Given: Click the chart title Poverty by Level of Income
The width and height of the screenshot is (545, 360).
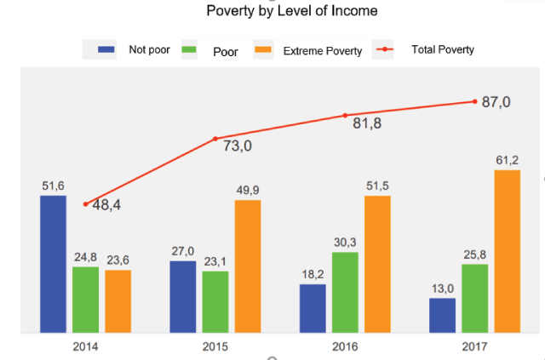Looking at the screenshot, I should tap(292, 11).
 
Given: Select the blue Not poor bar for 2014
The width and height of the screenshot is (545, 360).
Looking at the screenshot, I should tap(53, 264).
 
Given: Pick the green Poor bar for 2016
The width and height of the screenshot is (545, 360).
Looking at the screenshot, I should tap(345, 292).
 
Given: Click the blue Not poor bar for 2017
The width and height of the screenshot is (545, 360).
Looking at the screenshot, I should tap(442, 315).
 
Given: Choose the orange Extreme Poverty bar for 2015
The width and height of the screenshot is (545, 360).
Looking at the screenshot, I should tap(248, 266).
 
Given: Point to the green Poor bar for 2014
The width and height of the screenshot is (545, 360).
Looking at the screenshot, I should tap(85, 299).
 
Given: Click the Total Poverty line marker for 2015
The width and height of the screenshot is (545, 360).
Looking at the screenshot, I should tap(215, 139).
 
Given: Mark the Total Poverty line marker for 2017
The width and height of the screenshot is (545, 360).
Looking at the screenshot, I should tap(474, 101).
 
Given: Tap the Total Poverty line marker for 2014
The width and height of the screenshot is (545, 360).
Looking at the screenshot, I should tap(86, 204).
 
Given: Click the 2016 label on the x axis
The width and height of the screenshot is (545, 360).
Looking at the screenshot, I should tap(345, 347).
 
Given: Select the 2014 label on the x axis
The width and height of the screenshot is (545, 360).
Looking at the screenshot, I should tap(85, 347).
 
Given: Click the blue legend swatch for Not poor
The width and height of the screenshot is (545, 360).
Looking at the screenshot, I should tap(106, 49).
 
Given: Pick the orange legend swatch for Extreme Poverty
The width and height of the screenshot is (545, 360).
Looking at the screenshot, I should tap(263, 50).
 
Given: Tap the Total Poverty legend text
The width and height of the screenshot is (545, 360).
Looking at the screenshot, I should tap(443, 49).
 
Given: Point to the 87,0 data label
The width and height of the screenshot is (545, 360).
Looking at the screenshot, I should tap(496, 102).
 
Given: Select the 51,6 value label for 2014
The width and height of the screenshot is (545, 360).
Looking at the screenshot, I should tap(53, 186).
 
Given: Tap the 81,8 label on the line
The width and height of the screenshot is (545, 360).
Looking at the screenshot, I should tap(367, 123).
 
